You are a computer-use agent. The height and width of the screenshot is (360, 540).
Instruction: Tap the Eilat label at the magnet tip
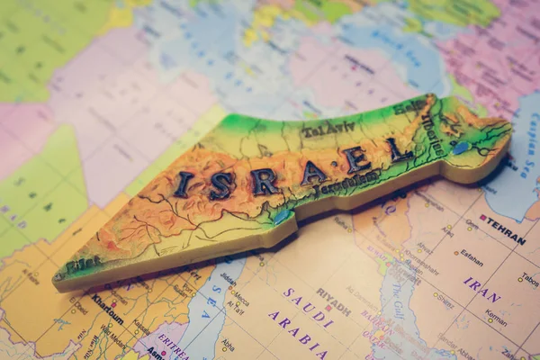click(83, 265)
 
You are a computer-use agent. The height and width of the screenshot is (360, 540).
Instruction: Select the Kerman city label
click(496, 316)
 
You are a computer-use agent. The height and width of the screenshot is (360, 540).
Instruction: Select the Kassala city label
click(141, 327)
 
